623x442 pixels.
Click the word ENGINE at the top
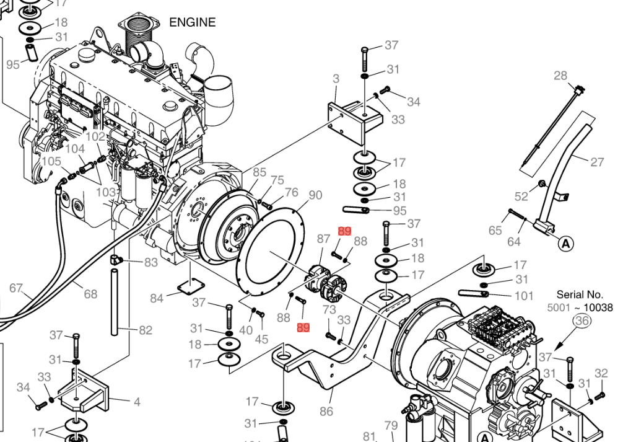click(193, 23)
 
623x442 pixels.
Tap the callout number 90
click(315, 195)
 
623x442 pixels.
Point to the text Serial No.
click(579, 294)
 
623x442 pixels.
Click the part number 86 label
click(326, 410)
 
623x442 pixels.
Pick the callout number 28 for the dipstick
click(560, 76)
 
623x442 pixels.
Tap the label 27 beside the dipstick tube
click(597, 162)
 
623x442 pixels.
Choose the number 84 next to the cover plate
click(157, 299)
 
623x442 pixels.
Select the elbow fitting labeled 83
click(118, 259)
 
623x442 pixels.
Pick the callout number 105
click(51, 161)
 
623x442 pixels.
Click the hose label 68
click(90, 294)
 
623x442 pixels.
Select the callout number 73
click(329, 309)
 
